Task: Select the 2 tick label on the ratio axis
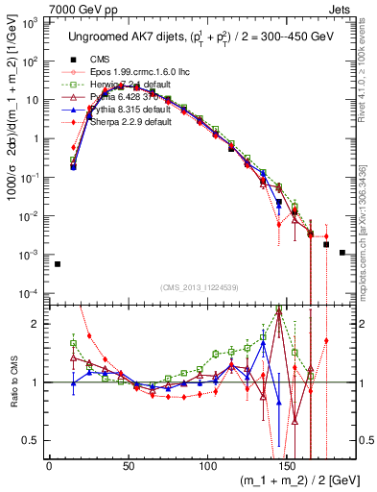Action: coord(38,323)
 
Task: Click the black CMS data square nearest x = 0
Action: coord(57,264)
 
